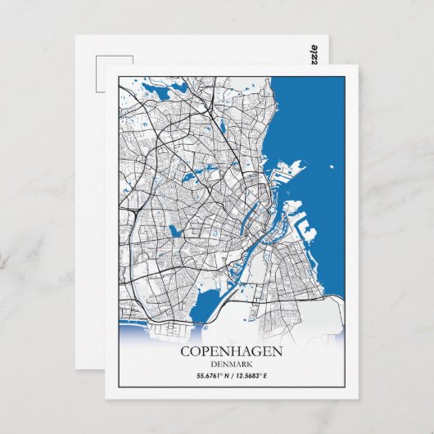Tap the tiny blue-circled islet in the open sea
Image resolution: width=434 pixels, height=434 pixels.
click(x=331, y=170)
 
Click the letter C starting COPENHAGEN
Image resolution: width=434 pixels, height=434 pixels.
click(x=186, y=351)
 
